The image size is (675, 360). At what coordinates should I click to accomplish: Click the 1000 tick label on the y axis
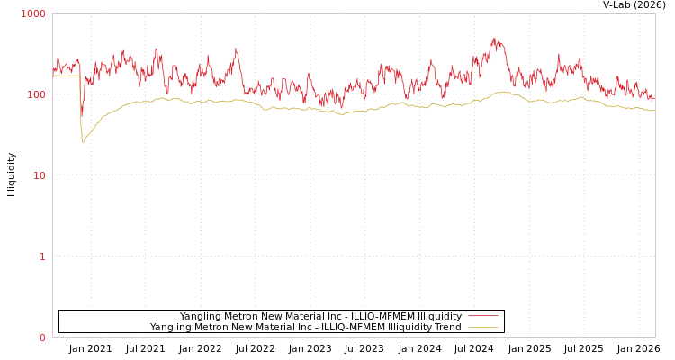coord(33,14)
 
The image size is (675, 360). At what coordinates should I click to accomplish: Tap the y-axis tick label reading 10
coord(39,176)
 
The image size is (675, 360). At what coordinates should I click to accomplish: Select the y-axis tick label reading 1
coord(42,257)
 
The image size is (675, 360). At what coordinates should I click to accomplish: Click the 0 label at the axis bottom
coord(42,337)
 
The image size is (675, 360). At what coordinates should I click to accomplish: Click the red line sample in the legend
coord(483,316)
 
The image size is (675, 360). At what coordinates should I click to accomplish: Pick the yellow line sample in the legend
coord(483,328)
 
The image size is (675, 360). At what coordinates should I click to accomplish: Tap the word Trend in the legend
coord(446,328)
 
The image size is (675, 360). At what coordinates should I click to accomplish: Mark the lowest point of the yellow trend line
coord(83,142)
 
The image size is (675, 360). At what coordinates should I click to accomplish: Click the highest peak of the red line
coord(494,39)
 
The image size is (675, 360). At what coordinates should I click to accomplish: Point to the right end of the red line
coord(654,98)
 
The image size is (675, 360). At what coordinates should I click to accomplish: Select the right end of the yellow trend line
coord(654,111)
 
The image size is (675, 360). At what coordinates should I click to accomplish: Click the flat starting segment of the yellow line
coord(66,76)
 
